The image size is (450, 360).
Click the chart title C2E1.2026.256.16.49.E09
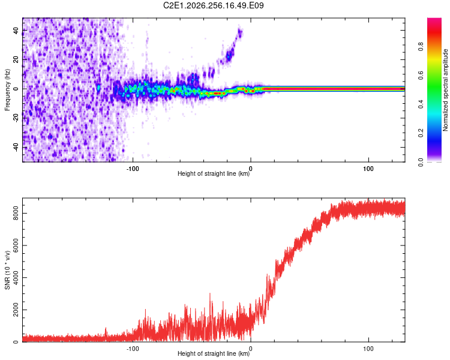point(213,5)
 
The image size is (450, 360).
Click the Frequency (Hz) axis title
point(7,90)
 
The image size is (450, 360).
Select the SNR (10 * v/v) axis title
point(7,270)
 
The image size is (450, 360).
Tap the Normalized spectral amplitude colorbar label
point(445,90)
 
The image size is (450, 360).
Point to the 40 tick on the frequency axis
point(16,30)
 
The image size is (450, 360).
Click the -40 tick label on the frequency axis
point(16,147)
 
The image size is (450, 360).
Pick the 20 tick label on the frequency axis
point(16,59)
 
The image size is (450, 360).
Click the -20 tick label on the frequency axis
point(16,118)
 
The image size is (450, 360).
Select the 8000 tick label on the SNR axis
point(16,214)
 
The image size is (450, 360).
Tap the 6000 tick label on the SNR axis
point(16,245)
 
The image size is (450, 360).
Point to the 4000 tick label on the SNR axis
point(16,278)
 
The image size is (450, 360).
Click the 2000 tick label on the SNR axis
point(16,310)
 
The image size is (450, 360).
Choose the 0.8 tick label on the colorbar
point(421,46)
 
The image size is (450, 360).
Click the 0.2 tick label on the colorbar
point(421,133)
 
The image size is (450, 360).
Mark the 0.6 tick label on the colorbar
point(421,75)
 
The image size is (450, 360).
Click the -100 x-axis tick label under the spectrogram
point(133,169)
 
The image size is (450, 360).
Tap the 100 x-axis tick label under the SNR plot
point(368,349)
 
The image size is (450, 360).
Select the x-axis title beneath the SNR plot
point(214,353)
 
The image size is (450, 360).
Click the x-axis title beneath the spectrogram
point(214,173)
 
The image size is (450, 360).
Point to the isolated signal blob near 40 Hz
point(240,32)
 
